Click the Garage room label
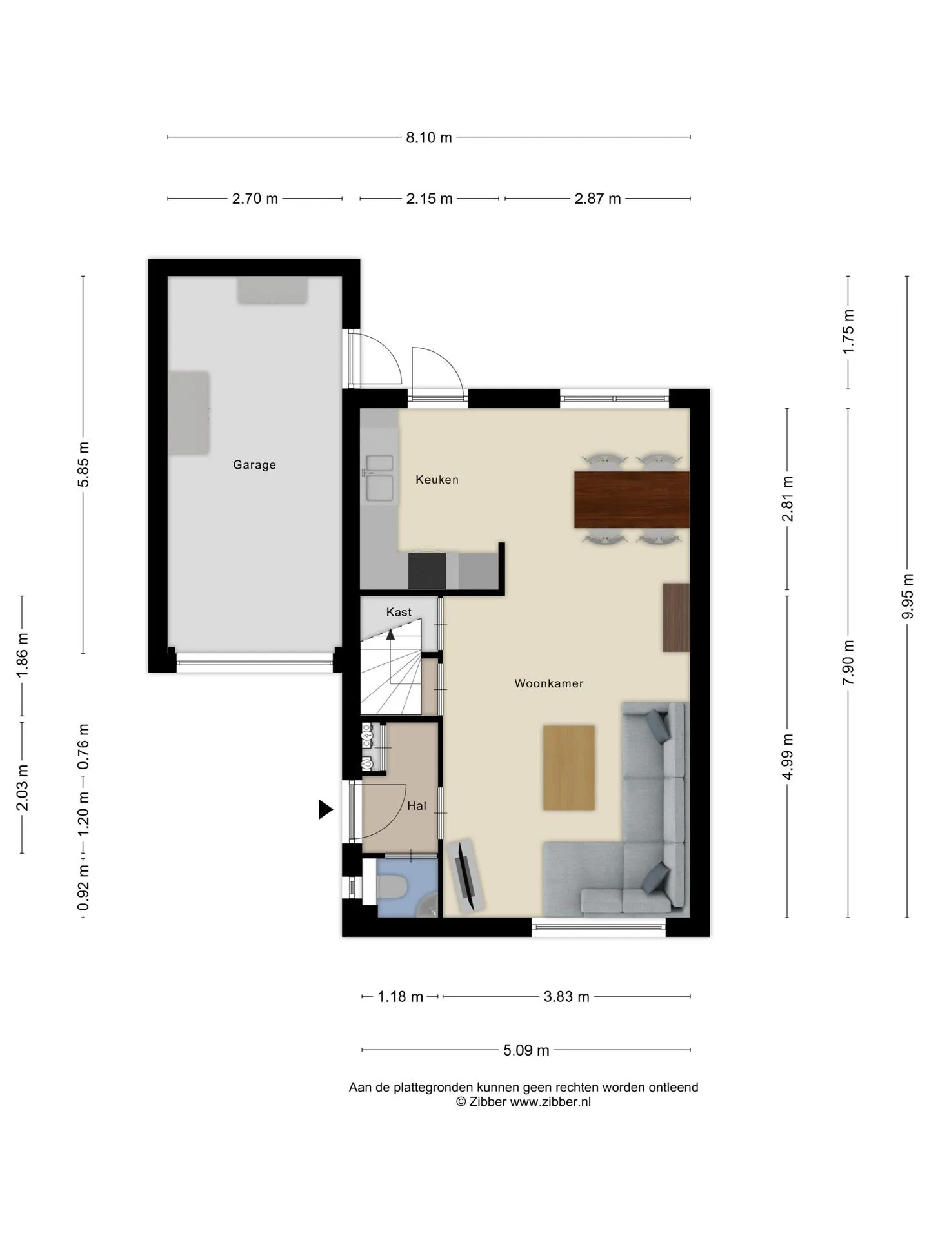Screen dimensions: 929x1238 pos(254,464)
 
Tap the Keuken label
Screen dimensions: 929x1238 pos(437,479)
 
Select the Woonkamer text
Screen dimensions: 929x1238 pos(549,683)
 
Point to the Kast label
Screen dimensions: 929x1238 pos(399,612)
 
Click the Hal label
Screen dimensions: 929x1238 pos(417,805)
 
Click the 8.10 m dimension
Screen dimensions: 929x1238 pos(429,137)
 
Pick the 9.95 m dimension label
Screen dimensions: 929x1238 pos(907,596)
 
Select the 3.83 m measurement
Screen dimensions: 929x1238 pos(566,996)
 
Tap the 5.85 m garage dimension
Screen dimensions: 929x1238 pos(83,465)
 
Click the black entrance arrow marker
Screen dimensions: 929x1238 pos(326,809)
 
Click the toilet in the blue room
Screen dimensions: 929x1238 pos(390,887)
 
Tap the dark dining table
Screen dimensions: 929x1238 pos(632,500)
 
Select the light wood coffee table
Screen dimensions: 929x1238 pos(568,767)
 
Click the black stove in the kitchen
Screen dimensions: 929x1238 pos(427,570)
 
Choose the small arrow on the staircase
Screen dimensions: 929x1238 pos(390,634)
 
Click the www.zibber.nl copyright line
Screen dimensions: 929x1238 pos(523,1102)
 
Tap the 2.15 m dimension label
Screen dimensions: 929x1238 pos(429,199)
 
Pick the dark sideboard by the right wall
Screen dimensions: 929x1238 pos(676,617)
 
